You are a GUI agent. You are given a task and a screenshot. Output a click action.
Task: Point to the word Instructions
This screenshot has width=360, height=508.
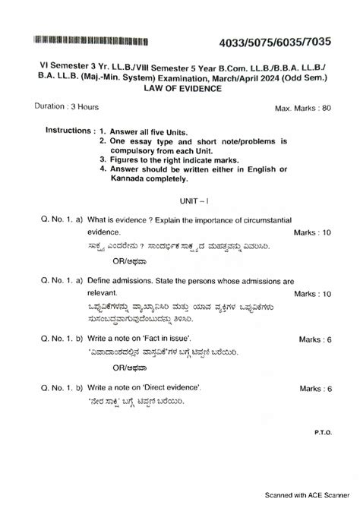coord(69,131)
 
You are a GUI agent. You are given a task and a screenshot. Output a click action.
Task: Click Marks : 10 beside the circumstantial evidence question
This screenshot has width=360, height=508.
coord(312,232)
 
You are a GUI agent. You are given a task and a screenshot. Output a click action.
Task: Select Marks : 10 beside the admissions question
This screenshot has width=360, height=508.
coord(312,293)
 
